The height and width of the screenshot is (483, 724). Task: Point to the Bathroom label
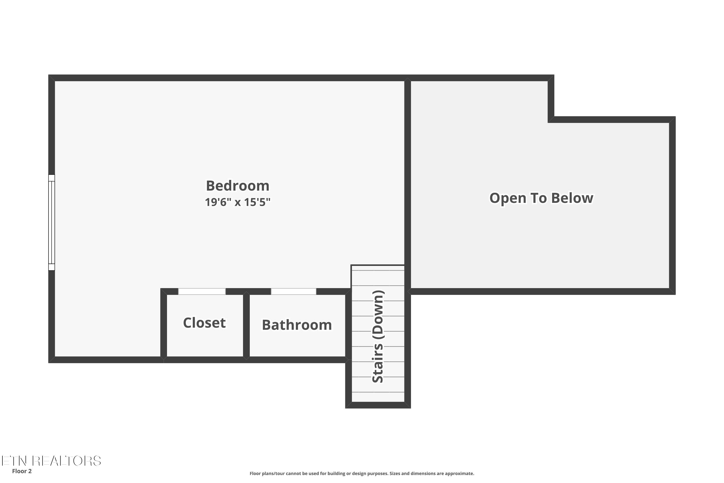(297, 325)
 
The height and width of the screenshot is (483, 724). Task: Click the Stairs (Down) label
(378, 336)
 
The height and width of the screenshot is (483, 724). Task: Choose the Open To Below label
(541, 198)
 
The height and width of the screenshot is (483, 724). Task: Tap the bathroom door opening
(293, 291)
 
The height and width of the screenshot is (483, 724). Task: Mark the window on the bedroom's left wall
(51, 222)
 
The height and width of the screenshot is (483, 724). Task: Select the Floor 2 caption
(22, 471)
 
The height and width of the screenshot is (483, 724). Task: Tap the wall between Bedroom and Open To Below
(407, 172)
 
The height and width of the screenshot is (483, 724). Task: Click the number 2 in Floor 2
(30, 471)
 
